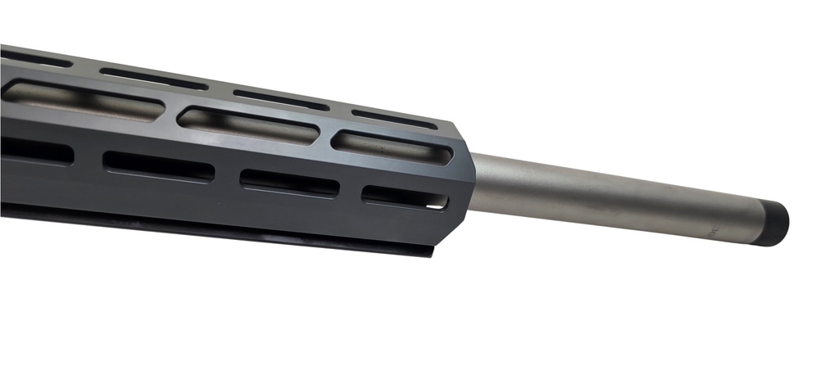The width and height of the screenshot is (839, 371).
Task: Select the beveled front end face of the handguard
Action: (x=461, y=180)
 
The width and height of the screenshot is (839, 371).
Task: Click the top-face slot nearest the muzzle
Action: (x=394, y=118)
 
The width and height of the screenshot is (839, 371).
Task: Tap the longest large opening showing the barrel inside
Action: (x=82, y=101)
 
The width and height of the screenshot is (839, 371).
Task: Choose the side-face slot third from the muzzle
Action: (x=158, y=165)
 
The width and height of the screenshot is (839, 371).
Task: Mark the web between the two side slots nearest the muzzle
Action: (x=349, y=190)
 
